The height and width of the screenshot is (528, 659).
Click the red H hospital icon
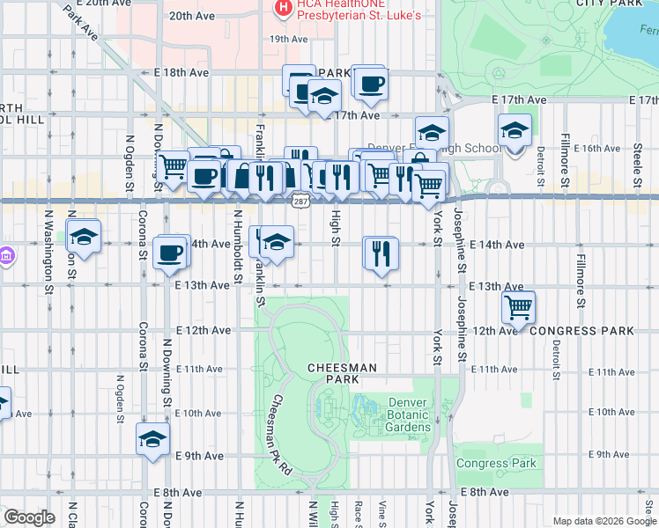283,9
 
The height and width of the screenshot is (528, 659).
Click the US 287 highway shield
300,202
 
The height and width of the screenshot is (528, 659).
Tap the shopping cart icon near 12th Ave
519,307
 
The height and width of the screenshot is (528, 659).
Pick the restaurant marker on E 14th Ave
381,253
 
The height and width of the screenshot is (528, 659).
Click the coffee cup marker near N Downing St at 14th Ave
171,253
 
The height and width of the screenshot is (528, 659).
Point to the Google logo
29,517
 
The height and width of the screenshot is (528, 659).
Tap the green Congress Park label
496,463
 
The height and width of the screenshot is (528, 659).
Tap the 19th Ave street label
288,40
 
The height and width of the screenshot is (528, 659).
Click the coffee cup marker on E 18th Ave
370,84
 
